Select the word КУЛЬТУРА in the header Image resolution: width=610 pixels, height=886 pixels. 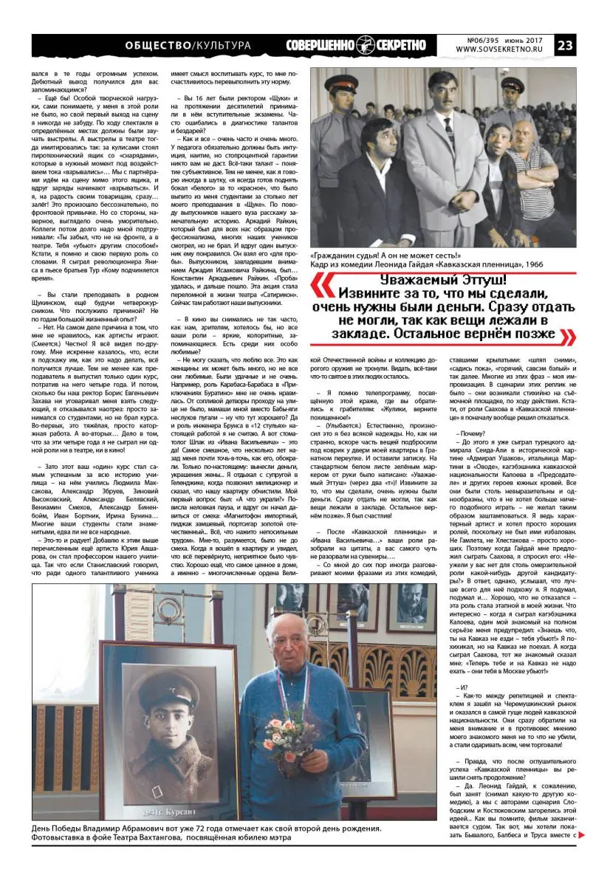[x=222, y=46]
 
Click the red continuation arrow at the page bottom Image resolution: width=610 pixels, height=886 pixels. [x=581, y=835]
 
